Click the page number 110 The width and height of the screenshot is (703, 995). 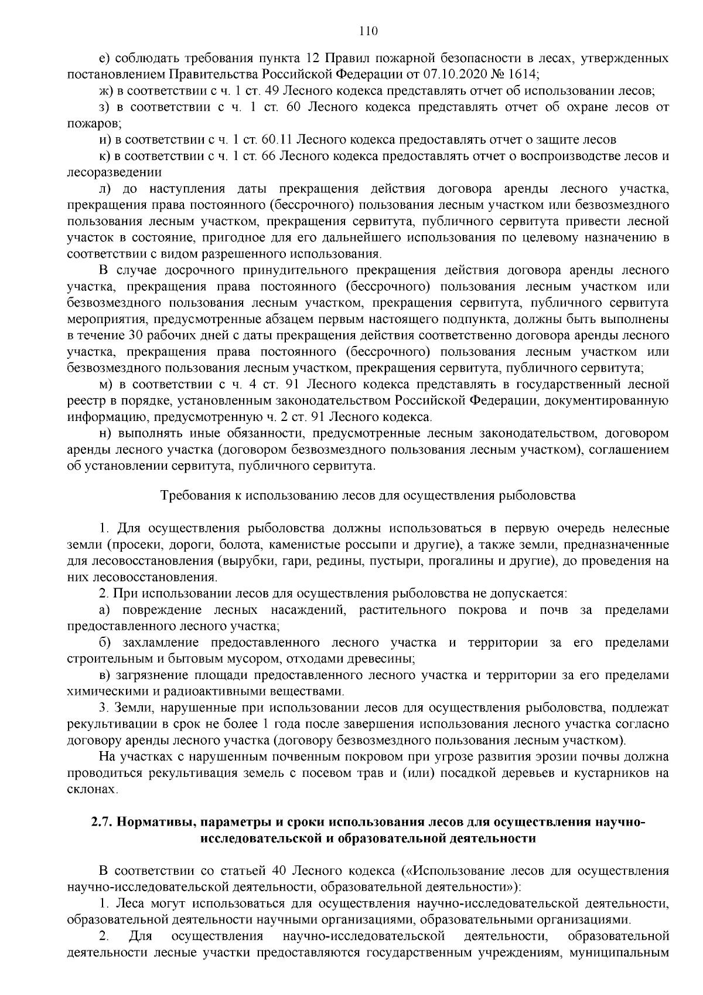pos(369,31)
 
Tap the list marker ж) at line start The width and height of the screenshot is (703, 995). pos(107,91)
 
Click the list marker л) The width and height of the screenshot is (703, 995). pos(107,189)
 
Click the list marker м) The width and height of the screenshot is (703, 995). pos(107,385)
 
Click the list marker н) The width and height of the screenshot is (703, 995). pos(107,434)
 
